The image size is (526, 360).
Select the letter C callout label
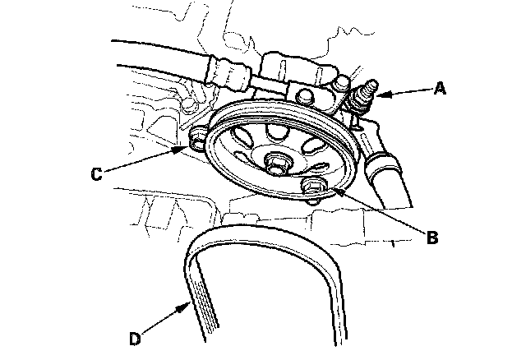pos(96,173)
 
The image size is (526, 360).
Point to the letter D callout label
pos(136,337)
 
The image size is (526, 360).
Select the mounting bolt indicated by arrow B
pos(311,188)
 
